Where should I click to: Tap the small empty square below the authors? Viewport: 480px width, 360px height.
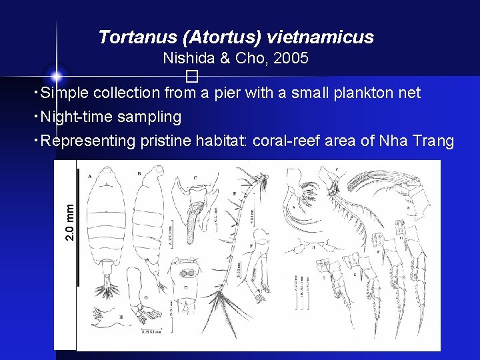[x=193, y=74]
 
